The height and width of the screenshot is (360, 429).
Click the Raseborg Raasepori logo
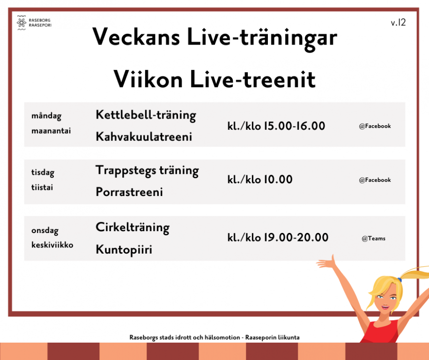click(x=34, y=22)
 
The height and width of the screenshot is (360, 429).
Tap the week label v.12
click(x=398, y=22)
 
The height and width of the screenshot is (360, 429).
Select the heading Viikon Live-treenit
click(x=214, y=79)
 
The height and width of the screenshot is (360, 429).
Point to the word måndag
click(x=46, y=116)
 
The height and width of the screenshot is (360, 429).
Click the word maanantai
click(x=51, y=131)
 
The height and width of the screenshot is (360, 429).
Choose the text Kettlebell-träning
click(x=146, y=115)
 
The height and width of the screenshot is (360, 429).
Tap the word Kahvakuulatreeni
click(x=144, y=136)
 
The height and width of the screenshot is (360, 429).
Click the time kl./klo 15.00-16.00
click(x=276, y=126)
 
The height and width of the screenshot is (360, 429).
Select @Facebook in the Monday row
click(x=375, y=126)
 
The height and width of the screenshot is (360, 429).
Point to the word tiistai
click(x=42, y=187)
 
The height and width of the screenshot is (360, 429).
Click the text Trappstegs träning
click(x=147, y=171)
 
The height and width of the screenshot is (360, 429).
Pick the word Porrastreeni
click(x=129, y=192)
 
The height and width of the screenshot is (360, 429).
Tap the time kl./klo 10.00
click(x=260, y=180)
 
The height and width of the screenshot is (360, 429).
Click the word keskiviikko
click(x=52, y=245)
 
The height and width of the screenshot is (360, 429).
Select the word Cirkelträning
click(x=133, y=228)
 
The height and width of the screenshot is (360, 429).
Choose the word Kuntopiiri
click(x=124, y=250)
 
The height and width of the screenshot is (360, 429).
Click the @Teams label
click(x=373, y=239)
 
